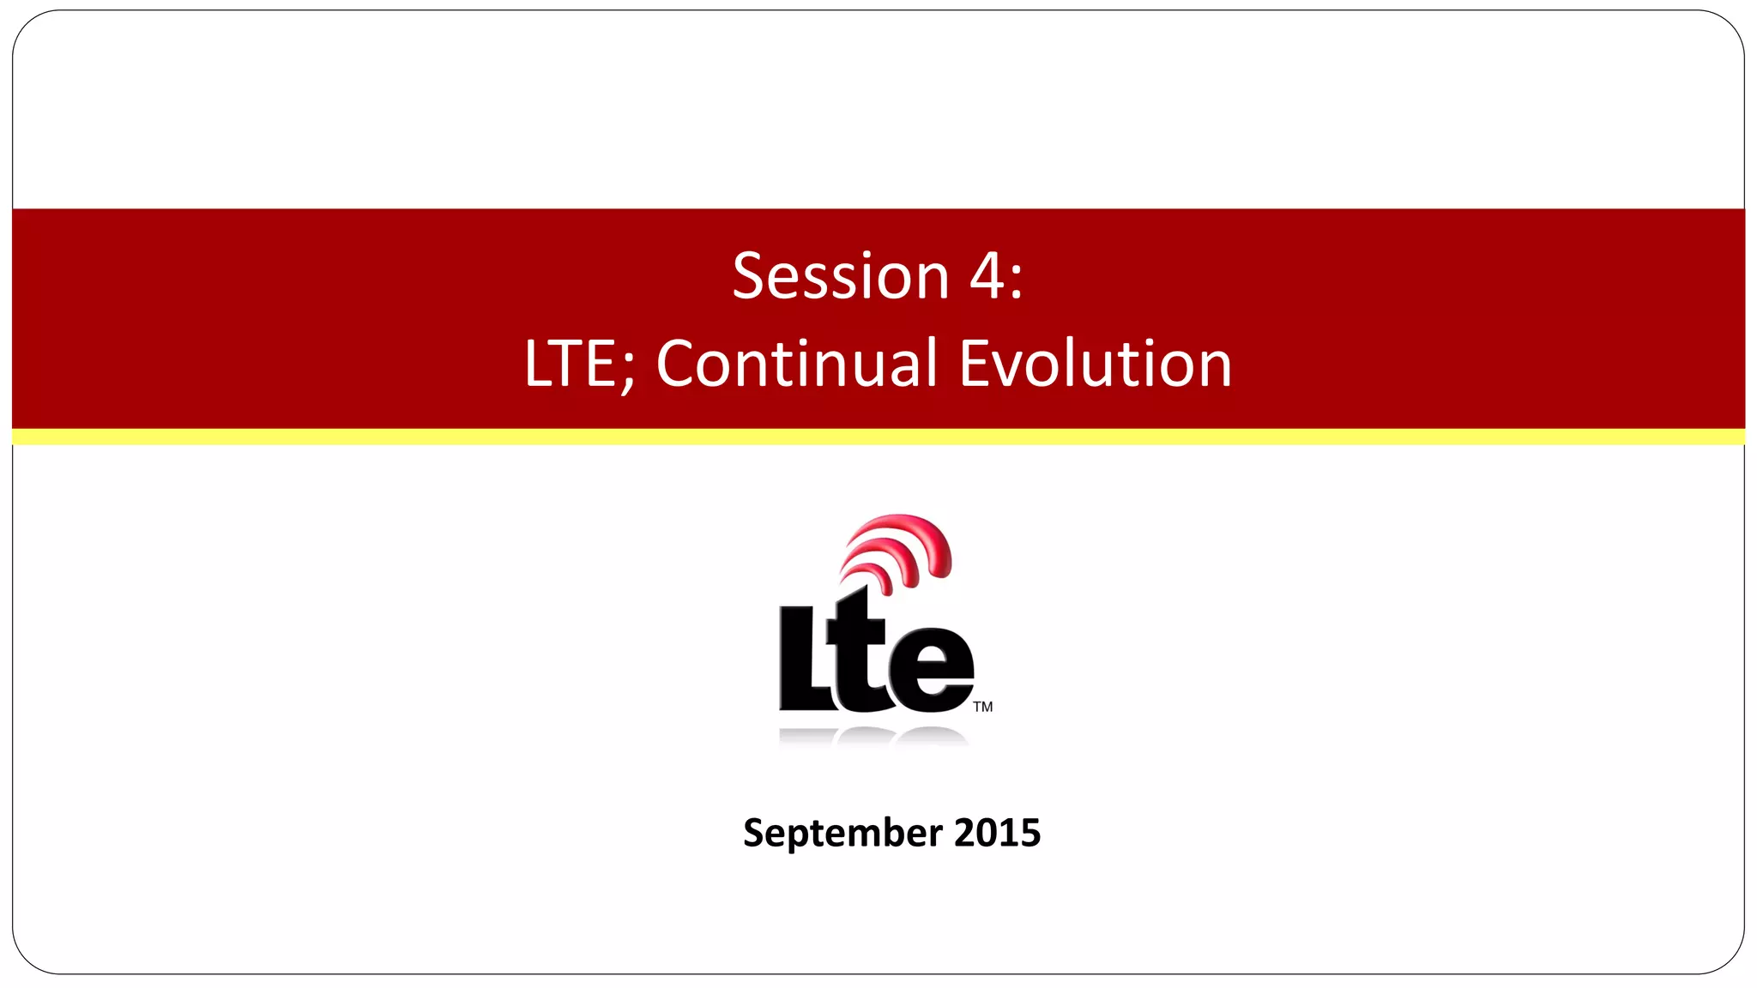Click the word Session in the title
[x=840, y=277]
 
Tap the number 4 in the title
[x=988, y=277]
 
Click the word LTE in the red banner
[x=570, y=364]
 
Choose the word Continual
[x=797, y=364]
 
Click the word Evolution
[x=1096, y=364]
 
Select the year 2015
[x=997, y=834]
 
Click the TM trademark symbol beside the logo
[x=983, y=707]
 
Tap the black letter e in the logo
[x=932, y=671]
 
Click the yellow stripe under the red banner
[x=878, y=437]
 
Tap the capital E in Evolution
[x=976, y=364]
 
